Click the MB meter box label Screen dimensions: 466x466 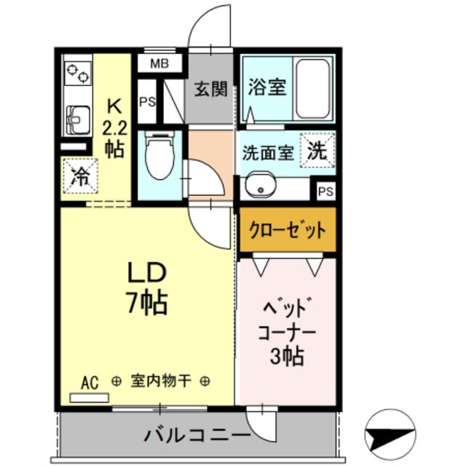click(159, 63)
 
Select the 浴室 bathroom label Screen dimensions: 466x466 click(266, 87)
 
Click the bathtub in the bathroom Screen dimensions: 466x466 click(313, 88)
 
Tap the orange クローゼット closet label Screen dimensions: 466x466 click(288, 231)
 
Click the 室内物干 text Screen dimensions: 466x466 click(161, 381)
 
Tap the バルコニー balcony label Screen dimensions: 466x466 click(197, 436)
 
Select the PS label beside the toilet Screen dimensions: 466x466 click(146, 103)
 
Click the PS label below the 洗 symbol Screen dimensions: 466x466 click(325, 191)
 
